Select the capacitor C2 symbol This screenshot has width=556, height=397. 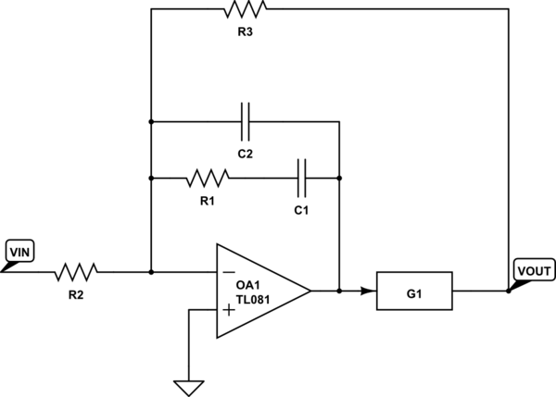[x=245, y=121]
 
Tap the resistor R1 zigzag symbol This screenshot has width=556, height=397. [x=208, y=177]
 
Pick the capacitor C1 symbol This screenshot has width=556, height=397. [x=302, y=177]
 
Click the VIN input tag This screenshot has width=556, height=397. [x=19, y=251]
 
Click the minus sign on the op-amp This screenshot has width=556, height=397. [x=229, y=272]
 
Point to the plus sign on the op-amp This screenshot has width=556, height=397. [x=229, y=310]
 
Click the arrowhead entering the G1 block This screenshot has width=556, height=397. [x=369, y=291]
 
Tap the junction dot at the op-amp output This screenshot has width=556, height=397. [x=340, y=291]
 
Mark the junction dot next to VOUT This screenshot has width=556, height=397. [x=509, y=291]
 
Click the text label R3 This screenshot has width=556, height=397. [x=245, y=31]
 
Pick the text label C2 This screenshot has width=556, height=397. [x=245, y=152]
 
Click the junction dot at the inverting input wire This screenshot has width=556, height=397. [x=150, y=272]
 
